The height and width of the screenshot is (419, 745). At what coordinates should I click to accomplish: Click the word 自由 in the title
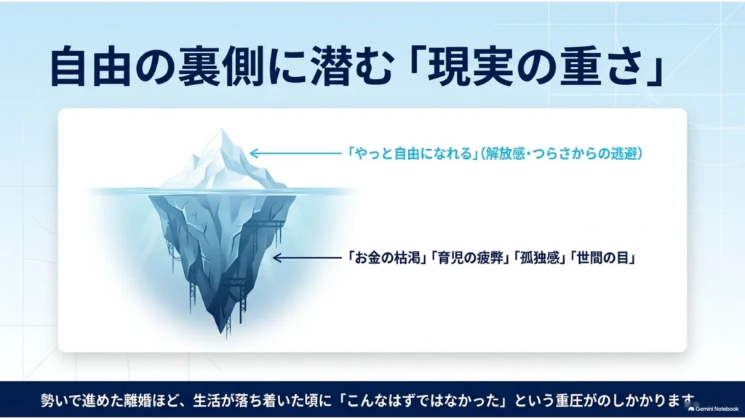(89, 66)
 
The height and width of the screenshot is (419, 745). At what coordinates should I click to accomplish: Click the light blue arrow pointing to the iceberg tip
(295, 153)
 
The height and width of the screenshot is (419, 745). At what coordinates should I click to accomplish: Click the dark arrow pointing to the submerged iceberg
(308, 258)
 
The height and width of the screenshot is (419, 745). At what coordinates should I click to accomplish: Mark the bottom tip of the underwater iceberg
(221, 332)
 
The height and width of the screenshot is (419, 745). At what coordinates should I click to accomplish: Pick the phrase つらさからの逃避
(584, 153)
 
